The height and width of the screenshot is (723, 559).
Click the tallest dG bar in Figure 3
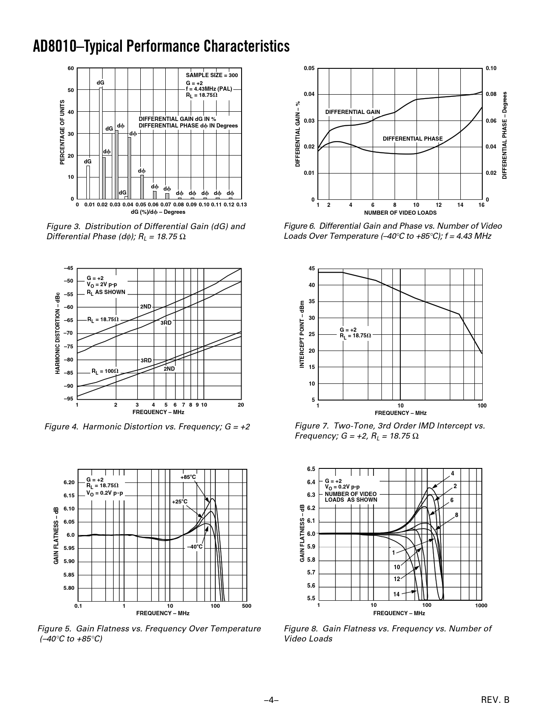(x=101, y=143)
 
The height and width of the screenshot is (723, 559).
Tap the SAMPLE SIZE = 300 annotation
(x=212, y=75)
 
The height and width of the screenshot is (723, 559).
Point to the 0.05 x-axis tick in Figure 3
(x=140, y=205)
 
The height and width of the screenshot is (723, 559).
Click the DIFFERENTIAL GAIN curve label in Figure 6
(x=352, y=112)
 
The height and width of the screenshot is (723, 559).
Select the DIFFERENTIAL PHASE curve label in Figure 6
(x=413, y=139)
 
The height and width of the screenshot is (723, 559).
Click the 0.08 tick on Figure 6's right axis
(x=491, y=94)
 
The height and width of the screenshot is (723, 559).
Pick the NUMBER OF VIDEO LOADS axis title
(x=400, y=213)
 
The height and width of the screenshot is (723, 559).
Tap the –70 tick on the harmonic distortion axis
(x=69, y=333)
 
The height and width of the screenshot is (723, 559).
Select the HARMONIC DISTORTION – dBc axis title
(x=57, y=333)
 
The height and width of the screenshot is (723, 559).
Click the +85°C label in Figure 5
(x=188, y=477)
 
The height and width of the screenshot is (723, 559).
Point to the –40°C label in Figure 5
(x=195, y=547)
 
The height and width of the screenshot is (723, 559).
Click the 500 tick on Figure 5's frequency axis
(x=246, y=606)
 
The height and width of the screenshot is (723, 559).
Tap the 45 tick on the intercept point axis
(x=312, y=268)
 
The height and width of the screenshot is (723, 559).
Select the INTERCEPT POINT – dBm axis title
(x=302, y=334)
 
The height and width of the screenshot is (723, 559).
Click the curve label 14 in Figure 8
(x=396, y=595)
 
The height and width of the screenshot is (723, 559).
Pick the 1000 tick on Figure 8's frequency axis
(x=481, y=606)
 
